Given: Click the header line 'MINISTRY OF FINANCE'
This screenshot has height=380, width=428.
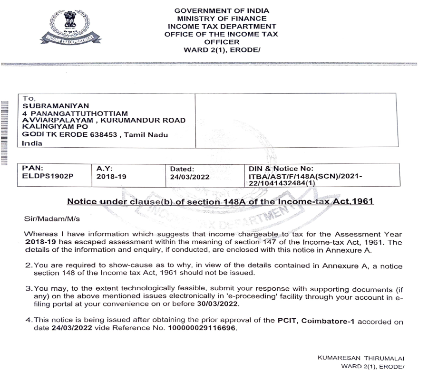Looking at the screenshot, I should pos(221,18).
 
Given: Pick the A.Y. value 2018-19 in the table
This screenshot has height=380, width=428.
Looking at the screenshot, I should pos(111,176).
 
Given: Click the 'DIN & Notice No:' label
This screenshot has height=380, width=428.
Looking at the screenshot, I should pos(281,169).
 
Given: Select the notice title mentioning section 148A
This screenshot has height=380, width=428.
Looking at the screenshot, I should pos(220,202).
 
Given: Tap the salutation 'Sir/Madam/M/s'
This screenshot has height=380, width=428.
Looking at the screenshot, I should pos(46,219).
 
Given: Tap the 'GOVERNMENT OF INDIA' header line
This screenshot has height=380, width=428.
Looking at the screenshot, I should pos(221,10).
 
